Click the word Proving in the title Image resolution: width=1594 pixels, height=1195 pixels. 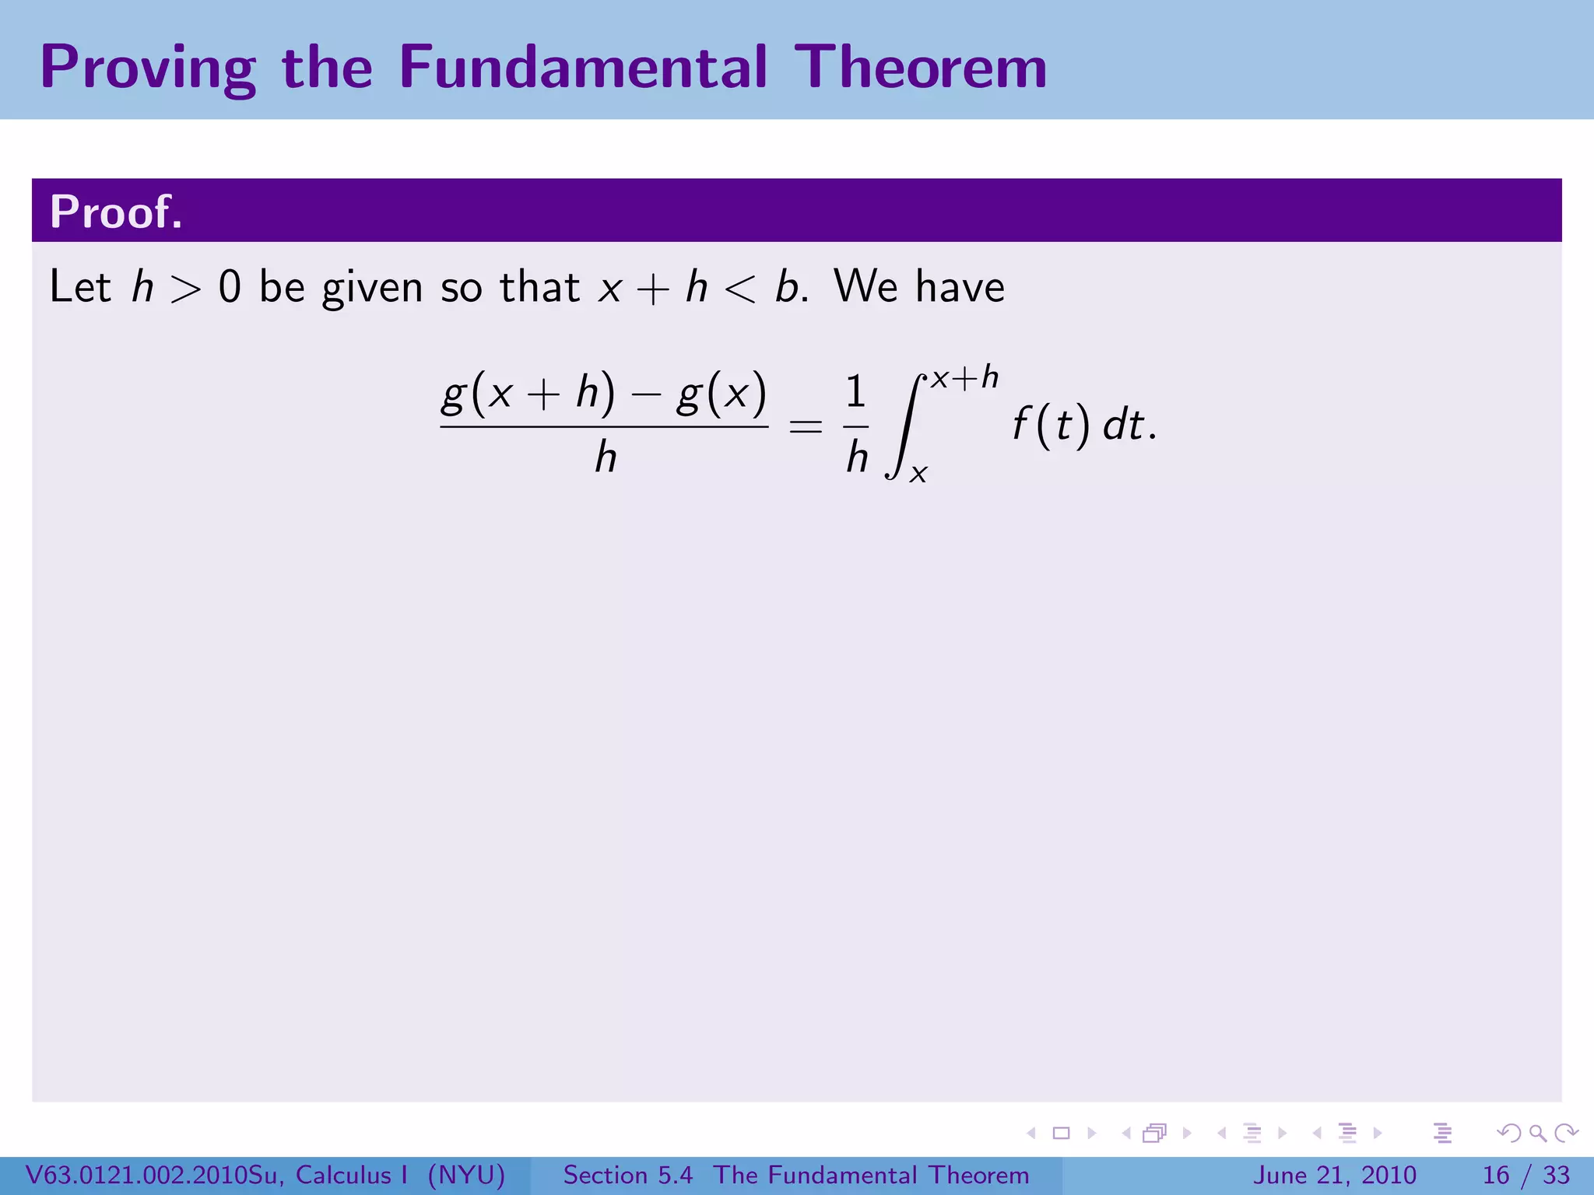pyautogui.click(x=148, y=68)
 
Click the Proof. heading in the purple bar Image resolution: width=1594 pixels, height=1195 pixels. pyautogui.click(x=116, y=212)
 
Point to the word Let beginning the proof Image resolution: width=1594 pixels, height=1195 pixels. pyautogui.click(x=80, y=286)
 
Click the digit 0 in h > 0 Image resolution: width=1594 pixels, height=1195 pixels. pyautogui.click(x=230, y=286)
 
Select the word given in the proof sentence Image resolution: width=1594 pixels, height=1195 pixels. pyautogui.click(x=373, y=288)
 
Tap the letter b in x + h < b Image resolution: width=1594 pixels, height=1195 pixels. pyautogui.click(x=786, y=286)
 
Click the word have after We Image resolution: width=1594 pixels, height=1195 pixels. pyautogui.click(x=960, y=286)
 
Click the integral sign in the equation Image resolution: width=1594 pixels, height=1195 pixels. pyautogui.click(x=903, y=426)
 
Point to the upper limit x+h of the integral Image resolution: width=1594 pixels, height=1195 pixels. pyautogui.click(x=964, y=378)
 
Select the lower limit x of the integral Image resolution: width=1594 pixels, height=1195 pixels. pyautogui.click(x=918, y=475)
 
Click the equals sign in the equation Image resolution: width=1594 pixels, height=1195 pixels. pyautogui.click(x=805, y=426)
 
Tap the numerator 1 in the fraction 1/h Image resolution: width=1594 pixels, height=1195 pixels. pyautogui.click(x=855, y=392)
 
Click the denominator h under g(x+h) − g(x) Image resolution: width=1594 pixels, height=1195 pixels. pyautogui.click(x=606, y=457)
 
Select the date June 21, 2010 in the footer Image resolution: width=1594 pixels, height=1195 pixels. pyautogui.click(x=1334, y=1175)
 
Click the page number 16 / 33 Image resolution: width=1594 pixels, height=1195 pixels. pyautogui.click(x=1526, y=1175)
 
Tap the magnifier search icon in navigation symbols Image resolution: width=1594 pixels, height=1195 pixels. pyautogui.click(x=1537, y=1133)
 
